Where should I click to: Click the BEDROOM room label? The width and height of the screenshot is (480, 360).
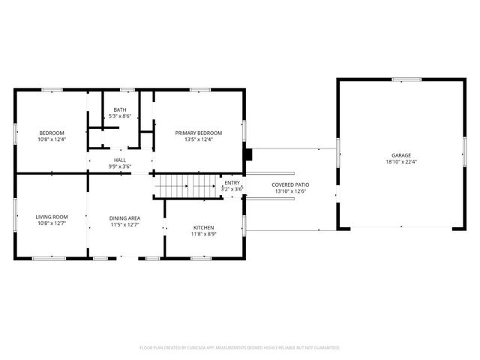(x=52, y=133)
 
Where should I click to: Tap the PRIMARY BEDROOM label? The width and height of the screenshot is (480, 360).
(x=199, y=133)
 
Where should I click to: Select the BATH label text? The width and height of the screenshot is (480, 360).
(x=120, y=110)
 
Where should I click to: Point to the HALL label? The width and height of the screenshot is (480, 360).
(x=120, y=160)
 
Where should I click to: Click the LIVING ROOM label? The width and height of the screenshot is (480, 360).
(x=52, y=217)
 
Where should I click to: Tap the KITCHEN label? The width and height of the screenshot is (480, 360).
(x=203, y=227)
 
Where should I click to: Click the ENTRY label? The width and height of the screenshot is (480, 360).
(x=232, y=183)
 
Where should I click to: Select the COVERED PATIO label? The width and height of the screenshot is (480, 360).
(x=291, y=184)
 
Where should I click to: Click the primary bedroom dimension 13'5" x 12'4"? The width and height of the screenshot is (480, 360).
(x=199, y=139)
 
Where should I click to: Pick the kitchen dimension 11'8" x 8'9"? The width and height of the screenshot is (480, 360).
(x=203, y=233)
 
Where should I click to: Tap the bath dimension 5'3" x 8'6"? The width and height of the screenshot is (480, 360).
(x=120, y=116)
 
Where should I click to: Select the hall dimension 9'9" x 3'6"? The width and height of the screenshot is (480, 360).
(x=120, y=166)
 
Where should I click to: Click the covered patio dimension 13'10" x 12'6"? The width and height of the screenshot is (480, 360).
(x=291, y=190)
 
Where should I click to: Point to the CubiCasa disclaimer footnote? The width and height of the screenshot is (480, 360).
(x=240, y=348)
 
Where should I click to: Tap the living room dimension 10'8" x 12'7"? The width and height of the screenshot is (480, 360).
(x=52, y=223)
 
